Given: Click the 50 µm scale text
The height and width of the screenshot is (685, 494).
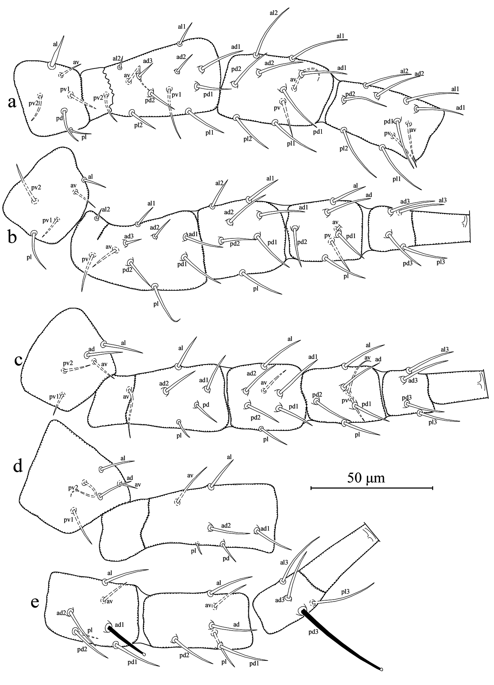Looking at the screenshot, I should click(x=366, y=478).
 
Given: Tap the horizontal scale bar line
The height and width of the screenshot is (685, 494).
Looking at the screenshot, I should click(x=371, y=488).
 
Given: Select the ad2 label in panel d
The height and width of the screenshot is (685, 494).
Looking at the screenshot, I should click(x=226, y=526).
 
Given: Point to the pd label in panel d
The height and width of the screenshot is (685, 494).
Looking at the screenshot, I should click(x=226, y=558).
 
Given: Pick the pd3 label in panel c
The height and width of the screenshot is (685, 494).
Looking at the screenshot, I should click(x=407, y=398).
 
